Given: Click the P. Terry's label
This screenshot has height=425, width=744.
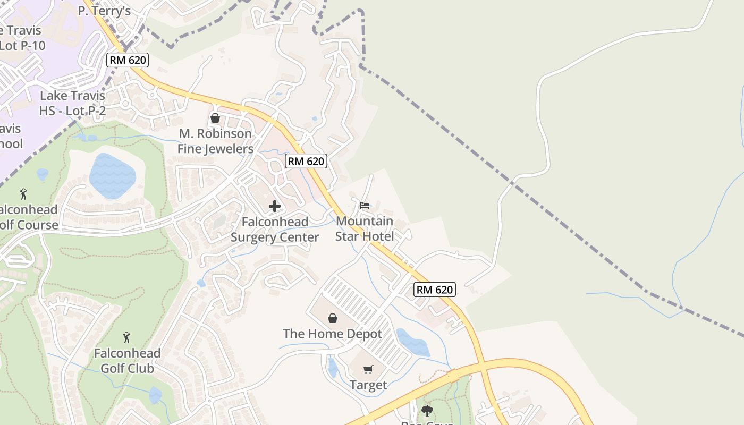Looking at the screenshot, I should tap(104, 11).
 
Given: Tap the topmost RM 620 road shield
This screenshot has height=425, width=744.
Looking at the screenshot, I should tap(128, 59).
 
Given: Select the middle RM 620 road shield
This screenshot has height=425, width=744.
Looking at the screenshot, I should tap(306, 161).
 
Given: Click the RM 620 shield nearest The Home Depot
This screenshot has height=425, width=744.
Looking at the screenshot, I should tap(435, 290).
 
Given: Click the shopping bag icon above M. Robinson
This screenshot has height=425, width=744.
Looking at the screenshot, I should tap(215, 118).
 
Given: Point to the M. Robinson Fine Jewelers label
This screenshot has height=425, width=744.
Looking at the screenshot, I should tap(215, 141).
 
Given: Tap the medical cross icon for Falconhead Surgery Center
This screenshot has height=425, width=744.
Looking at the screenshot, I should tap(275, 206).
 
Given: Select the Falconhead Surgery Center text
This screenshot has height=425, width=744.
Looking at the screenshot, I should tap(275, 229).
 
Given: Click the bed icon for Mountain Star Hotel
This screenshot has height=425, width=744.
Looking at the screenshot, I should tap(365, 205).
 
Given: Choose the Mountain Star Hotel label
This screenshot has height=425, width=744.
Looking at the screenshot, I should tap(365, 228).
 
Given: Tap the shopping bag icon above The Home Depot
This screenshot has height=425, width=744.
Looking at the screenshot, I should tap(333, 318).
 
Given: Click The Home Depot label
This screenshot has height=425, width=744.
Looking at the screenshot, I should tap(333, 334).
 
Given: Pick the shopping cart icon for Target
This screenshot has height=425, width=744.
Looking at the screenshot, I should tap(368, 369).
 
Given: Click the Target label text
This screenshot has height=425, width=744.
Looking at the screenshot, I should tap(368, 385).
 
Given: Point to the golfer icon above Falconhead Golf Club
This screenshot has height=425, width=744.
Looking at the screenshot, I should tap(126, 337).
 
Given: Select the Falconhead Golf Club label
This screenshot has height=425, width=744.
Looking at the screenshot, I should tap(127, 361).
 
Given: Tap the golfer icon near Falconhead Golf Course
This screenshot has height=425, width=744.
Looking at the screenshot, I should tap(23, 194).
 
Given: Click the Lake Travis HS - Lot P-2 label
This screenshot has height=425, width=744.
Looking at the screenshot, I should tap(72, 103).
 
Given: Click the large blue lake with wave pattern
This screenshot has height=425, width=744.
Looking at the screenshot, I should tap(112, 176).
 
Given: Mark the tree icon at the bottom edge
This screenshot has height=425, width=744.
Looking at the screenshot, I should tap(427, 411).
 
